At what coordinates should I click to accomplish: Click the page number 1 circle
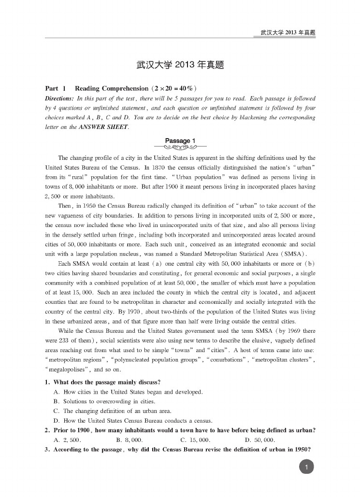[x=307, y=466]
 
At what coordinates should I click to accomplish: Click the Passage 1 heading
[x=180, y=141]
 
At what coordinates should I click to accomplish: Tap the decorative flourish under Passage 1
[x=180, y=147]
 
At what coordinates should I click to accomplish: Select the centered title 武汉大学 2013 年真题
[x=180, y=65]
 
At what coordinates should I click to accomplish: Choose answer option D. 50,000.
[x=259, y=440]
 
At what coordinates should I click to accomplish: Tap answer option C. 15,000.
[x=195, y=440]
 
